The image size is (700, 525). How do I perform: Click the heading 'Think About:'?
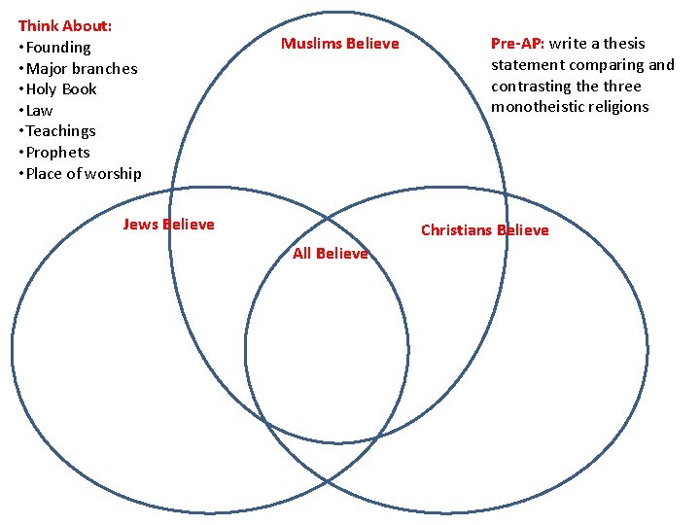[x=64, y=26]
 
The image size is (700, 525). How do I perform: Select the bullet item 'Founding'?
[x=57, y=48]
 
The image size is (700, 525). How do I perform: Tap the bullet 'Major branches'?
[x=81, y=69]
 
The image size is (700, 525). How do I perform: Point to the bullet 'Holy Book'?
[x=61, y=89]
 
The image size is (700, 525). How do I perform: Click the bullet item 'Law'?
[x=39, y=111]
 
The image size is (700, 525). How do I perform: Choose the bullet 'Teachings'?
[x=60, y=131]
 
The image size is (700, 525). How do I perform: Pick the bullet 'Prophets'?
[x=57, y=153]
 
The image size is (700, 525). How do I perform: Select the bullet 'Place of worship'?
[x=83, y=174]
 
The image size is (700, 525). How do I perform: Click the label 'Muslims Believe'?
[x=339, y=44]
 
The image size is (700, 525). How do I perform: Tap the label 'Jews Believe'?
[x=168, y=225]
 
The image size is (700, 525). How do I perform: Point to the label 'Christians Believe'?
[x=484, y=230]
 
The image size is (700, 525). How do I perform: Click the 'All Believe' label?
[x=331, y=254]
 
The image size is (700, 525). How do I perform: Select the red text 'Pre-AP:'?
[x=517, y=44]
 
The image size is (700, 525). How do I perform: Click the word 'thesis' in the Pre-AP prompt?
[x=623, y=44]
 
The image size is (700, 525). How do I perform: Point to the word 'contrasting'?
[x=531, y=86]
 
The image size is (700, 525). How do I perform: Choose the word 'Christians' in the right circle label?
[x=456, y=230]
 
